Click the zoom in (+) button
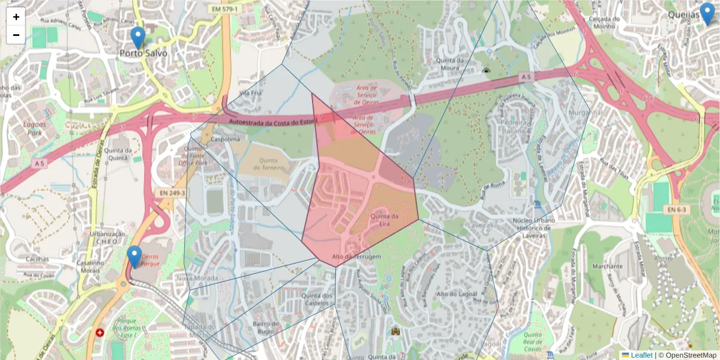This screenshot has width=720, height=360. coord(16,17)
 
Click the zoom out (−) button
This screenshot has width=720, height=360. coord(16,35)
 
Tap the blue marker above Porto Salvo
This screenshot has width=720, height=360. coord(138,38)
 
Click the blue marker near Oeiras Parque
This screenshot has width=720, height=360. coord(134,257)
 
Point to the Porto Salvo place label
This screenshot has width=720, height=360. coord(143,53)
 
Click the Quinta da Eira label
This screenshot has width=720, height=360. coord(385,220)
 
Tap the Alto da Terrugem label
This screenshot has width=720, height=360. coord(356,257)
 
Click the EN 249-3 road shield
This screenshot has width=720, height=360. coord(172,193)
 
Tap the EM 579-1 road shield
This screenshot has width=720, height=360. coord(224,9)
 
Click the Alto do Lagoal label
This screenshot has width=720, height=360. coord(457,293)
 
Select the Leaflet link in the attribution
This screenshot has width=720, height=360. coord(641,355)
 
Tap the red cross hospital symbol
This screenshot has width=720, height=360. coord(100,332)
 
